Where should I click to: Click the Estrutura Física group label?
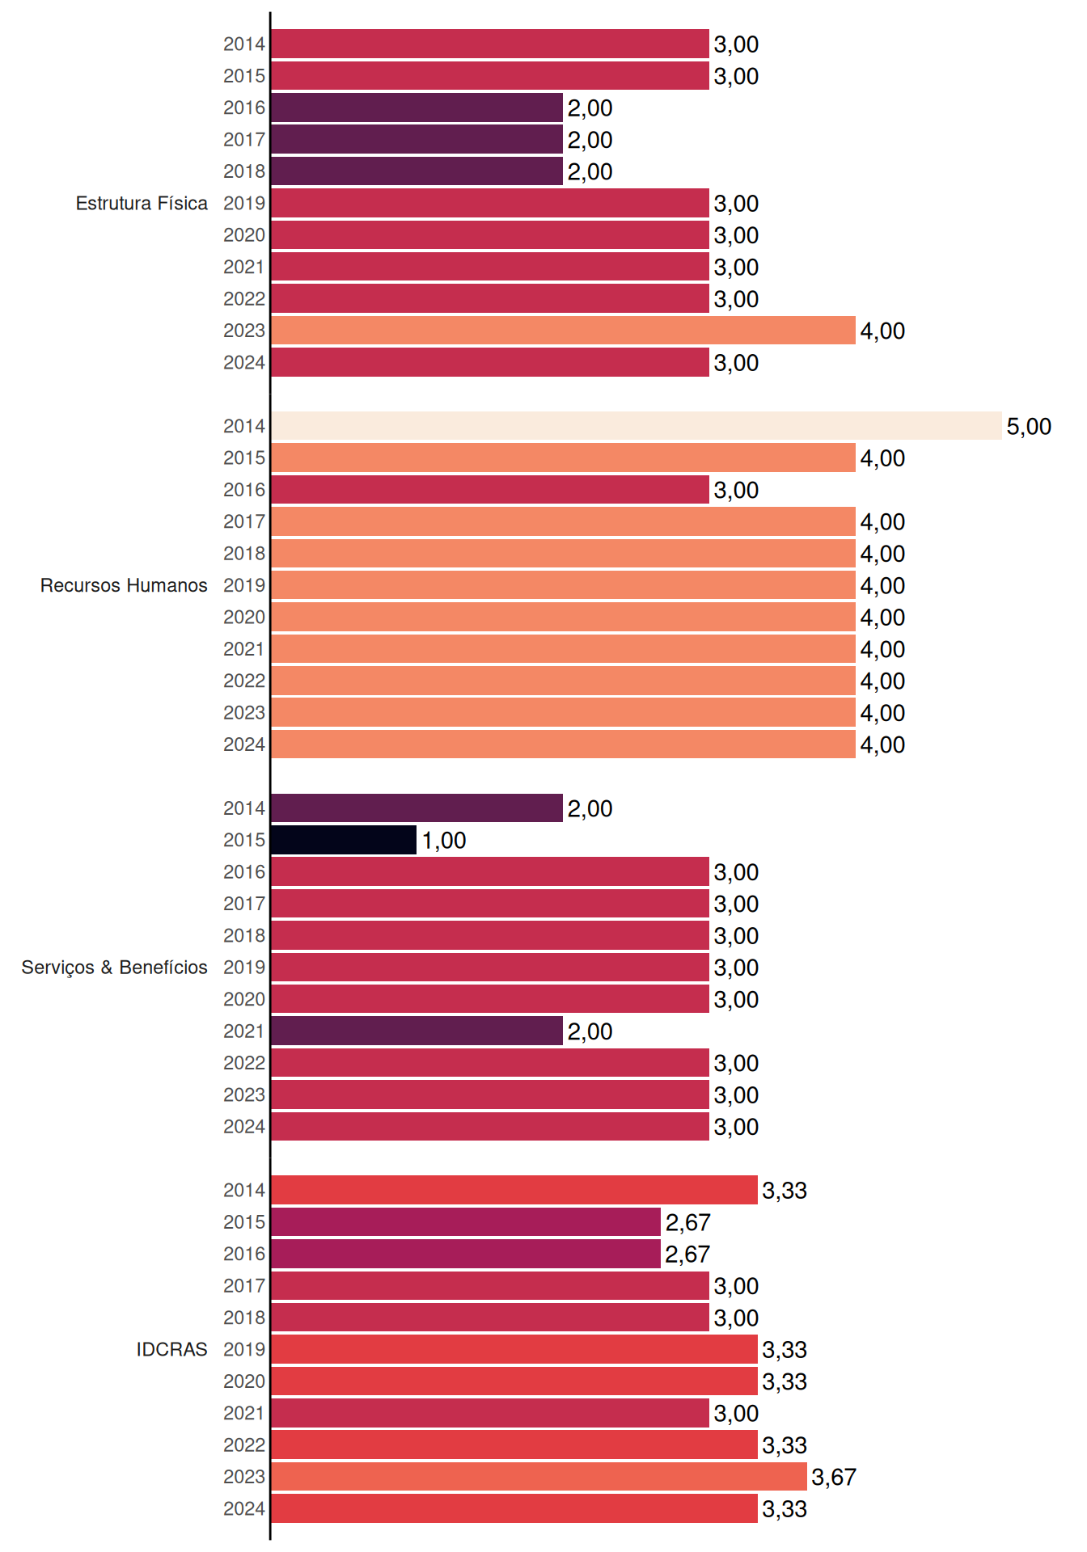142,203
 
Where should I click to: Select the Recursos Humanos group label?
124,585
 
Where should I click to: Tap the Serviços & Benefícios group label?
114,968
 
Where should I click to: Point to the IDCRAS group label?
171,1349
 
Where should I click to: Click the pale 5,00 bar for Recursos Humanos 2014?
637,426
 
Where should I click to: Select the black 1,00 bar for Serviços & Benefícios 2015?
344,840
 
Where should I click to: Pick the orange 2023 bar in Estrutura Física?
564,331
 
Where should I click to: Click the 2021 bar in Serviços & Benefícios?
417,1031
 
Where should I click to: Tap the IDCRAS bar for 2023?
539,1477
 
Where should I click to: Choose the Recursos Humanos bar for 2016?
490,490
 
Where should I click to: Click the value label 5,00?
1029,427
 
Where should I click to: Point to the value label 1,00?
444,841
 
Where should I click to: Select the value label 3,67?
834,1478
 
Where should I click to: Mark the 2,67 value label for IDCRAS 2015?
687,1223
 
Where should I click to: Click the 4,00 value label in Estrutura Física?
882,331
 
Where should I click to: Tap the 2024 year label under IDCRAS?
244,1509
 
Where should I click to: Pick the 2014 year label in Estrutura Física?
244,44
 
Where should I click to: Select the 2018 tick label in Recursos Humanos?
244,554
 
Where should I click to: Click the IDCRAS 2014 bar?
514,1190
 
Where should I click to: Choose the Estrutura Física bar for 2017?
417,139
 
